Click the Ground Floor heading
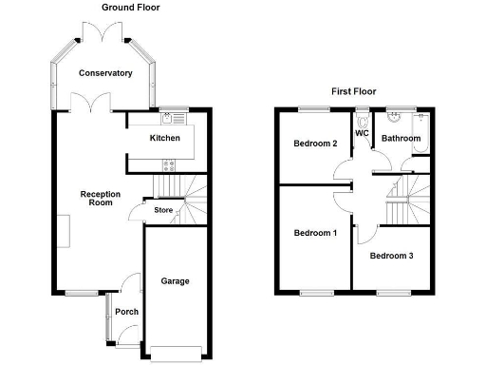[131, 8]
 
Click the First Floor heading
[353, 92]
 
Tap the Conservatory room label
[105, 73]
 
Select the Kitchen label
[165, 139]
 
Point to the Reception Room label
[100, 199]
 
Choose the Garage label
[175, 281]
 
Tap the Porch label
[126, 312]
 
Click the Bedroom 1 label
[315, 233]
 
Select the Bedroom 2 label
[315, 144]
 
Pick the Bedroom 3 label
[391, 257]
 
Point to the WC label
[362, 134]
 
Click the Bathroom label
[401, 139]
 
